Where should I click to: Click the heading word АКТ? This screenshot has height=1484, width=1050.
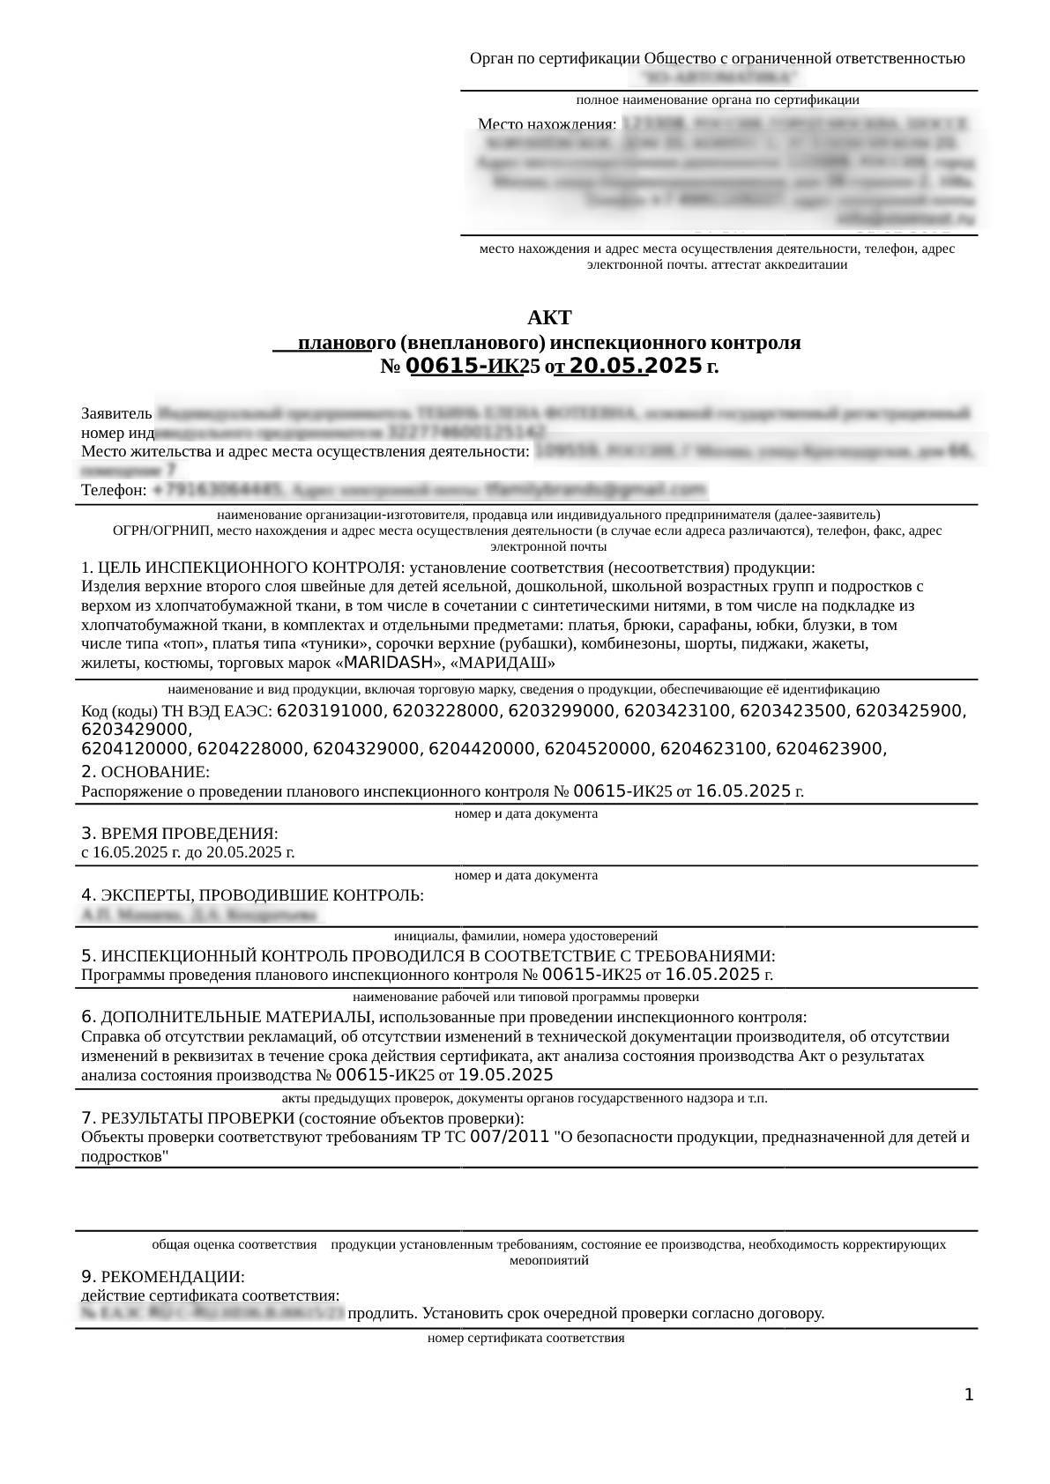point(549,317)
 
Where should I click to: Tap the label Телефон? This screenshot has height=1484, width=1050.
point(114,490)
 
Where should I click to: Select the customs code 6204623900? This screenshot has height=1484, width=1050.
point(828,749)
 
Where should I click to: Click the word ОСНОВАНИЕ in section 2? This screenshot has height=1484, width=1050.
point(155,773)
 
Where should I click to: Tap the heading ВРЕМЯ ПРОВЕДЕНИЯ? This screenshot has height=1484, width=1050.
point(189,834)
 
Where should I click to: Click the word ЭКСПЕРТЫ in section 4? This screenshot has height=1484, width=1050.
point(144,896)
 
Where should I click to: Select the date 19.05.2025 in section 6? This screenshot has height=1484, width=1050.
point(506,1075)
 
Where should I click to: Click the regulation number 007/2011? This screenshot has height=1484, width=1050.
point(510,1138)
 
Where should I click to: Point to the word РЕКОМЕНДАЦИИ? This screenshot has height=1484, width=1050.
point(172,1277)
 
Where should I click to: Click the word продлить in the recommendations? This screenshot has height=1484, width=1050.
point(384,1314)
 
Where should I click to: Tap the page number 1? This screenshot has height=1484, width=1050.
point(969,1395)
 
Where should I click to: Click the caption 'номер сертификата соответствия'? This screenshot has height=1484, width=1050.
point(525,1338)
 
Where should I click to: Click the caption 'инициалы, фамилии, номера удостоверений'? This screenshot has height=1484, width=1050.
point(525,936)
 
